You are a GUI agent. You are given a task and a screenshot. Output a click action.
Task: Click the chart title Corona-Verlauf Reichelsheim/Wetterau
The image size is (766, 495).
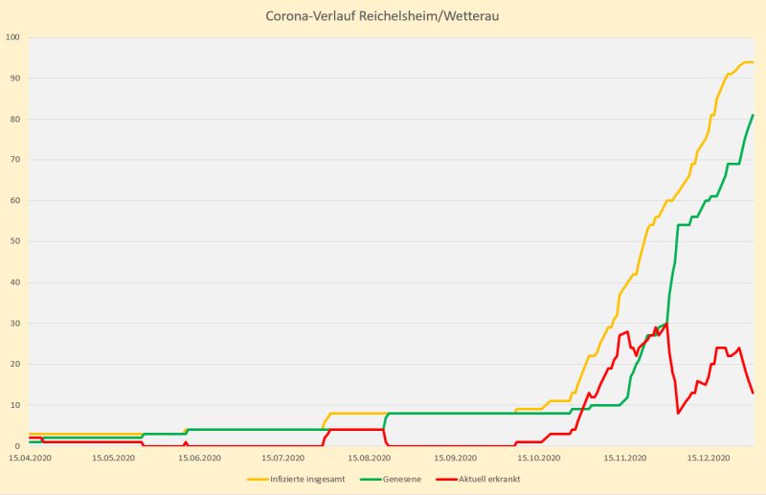383,17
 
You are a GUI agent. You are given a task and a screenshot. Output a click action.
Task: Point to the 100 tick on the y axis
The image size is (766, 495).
12,37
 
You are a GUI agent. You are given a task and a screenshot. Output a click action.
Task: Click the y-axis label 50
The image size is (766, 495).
14,242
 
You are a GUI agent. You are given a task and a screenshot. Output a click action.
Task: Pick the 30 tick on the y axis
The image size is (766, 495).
14,324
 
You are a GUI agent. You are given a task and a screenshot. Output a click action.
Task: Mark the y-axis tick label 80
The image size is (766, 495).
14,119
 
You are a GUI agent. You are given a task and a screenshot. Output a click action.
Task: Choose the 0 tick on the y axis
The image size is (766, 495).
17,446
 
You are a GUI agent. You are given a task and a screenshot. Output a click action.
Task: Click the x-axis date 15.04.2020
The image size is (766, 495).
31,459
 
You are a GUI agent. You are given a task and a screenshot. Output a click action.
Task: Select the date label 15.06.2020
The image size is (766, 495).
199,459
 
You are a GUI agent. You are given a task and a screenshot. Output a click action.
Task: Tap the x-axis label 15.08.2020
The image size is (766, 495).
368,459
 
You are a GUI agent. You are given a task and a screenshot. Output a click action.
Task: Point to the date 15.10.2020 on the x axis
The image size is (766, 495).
536,459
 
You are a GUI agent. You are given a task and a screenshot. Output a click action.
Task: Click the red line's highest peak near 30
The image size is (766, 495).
666,324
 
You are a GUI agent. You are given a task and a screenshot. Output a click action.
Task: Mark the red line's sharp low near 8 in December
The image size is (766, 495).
678,413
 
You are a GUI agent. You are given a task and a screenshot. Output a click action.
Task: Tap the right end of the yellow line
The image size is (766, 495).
753,62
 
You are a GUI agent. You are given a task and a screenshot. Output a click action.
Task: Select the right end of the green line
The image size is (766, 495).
753,116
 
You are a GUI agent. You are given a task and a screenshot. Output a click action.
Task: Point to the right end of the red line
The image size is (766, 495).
753,393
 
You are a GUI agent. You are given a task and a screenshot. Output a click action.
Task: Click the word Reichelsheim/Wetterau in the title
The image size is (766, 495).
442,17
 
